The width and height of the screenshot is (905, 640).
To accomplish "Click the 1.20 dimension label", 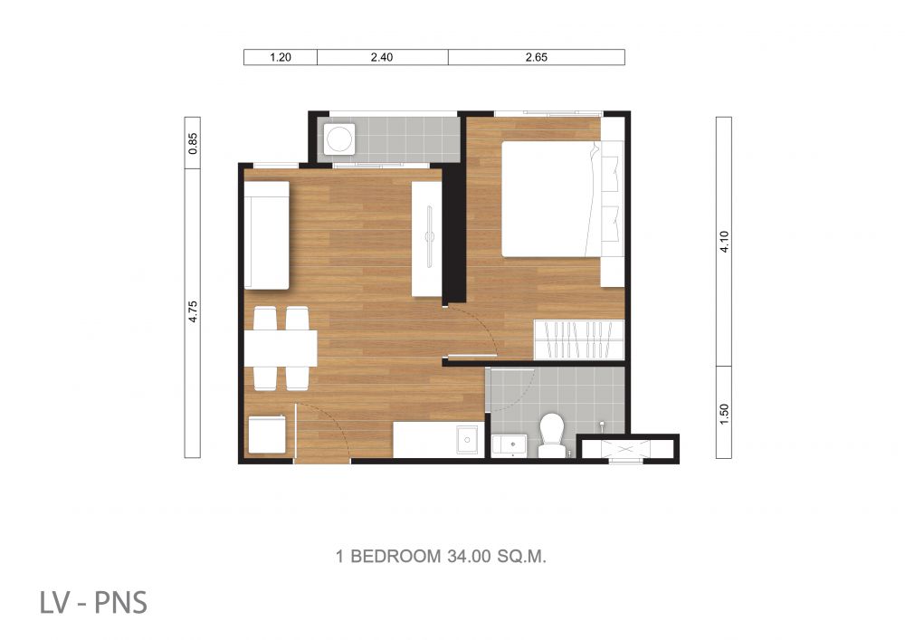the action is tap(281, 57).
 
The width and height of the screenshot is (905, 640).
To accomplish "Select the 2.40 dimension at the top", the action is tap(382, 57).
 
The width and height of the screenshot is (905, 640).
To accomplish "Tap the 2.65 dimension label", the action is tap(536, 57).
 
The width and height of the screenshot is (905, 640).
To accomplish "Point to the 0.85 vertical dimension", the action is tap(193, 143).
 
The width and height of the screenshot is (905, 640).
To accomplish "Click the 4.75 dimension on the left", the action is tap(193, 311).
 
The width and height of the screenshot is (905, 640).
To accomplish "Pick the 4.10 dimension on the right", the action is tap(724, 241).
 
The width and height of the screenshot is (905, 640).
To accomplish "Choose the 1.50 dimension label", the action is tap(724, 414).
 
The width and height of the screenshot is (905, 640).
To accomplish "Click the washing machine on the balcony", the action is tap(338, 139).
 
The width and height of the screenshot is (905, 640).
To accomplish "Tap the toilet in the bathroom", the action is tap(552, 435).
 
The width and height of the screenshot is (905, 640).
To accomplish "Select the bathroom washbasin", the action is tap(509, 446).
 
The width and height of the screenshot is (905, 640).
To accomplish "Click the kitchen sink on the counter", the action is tap(467, 440).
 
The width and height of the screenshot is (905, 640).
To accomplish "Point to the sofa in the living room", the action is tap(267, 235).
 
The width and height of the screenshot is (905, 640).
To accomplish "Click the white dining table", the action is tap(281, 348).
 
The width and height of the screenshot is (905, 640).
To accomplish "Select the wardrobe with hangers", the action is tap(579, 339).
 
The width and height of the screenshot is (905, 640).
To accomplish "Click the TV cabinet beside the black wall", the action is tap(426, 239).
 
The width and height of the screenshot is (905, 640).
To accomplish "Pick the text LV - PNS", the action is tap(93, 602).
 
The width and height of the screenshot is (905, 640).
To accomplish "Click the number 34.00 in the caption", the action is tap(469, 557).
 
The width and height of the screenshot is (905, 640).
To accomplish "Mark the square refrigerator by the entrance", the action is tap(267, 435).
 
